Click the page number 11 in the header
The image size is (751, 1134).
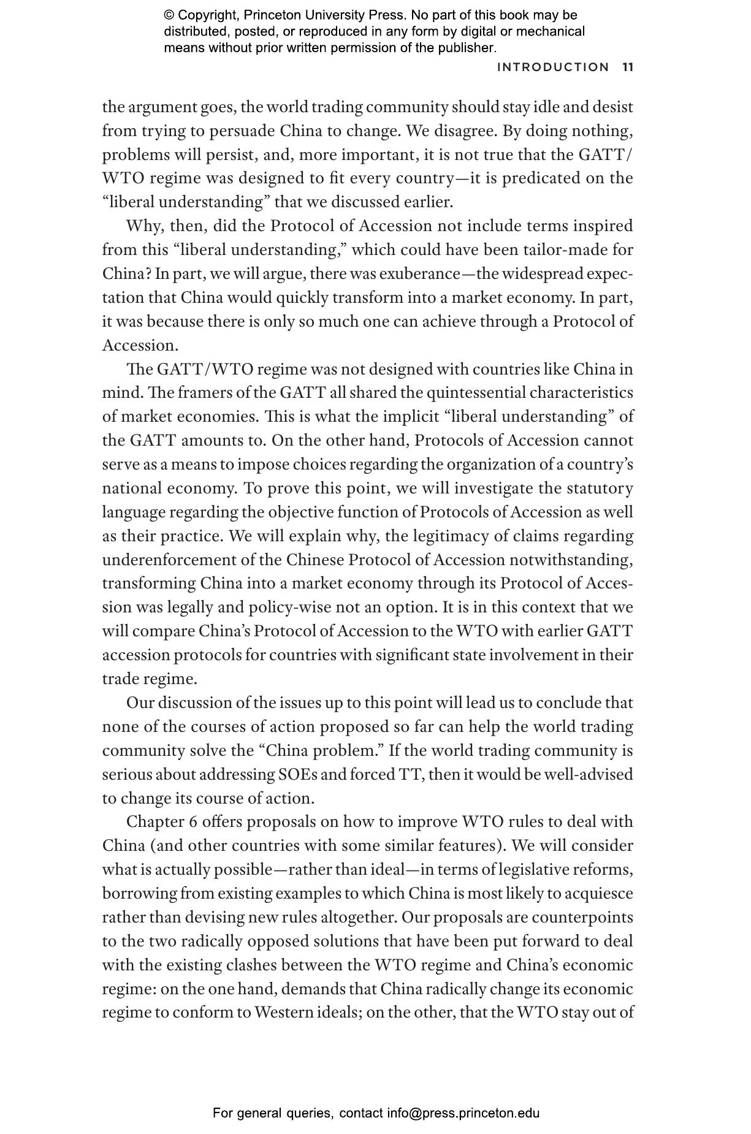(x=627, y=67)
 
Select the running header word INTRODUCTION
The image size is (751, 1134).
(x=553, y=67)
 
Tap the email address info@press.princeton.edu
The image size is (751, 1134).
(x=463, y=1113)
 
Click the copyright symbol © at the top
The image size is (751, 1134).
(x=169, y=15)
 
